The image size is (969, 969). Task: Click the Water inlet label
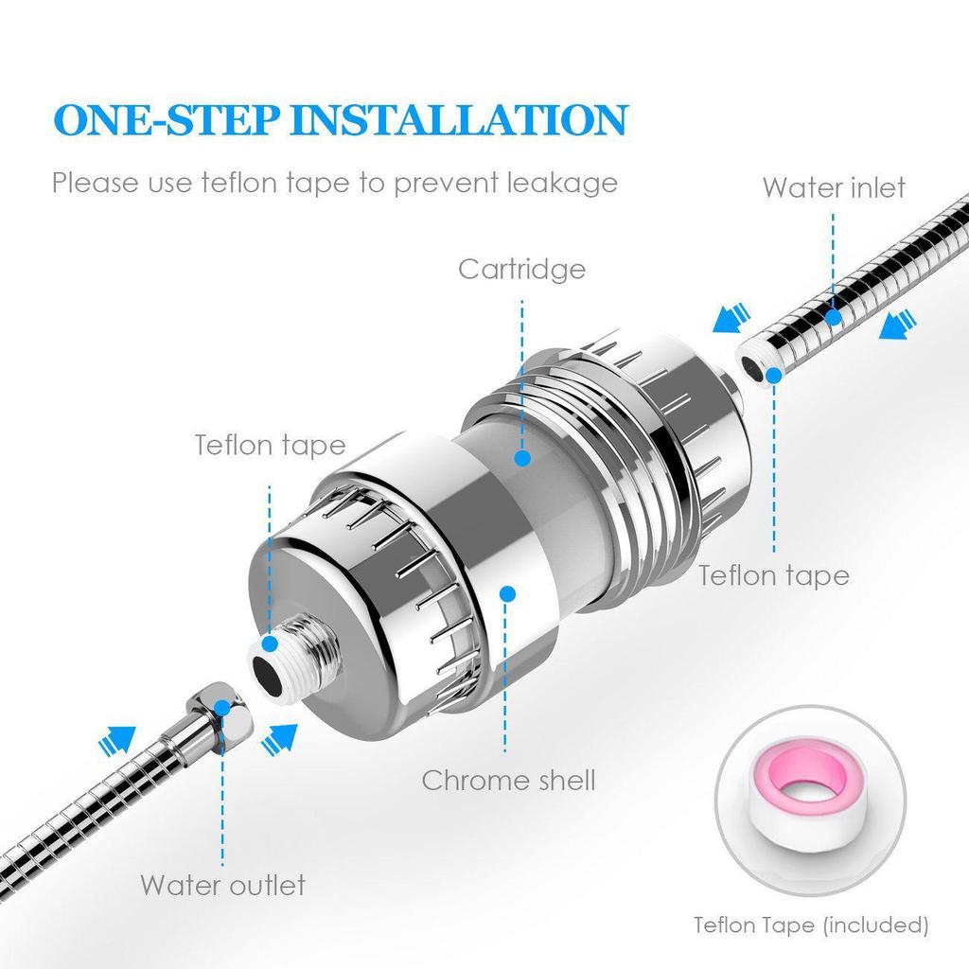834,187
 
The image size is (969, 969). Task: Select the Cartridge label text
521,269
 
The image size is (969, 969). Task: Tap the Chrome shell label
508,780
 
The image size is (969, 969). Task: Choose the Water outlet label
223,885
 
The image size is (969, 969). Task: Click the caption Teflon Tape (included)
811,924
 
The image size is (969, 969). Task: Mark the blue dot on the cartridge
521,458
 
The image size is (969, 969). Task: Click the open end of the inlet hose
758,364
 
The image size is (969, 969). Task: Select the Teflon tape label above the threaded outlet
270,445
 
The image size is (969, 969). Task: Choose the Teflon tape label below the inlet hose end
773,574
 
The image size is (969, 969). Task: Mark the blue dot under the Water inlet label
834,317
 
